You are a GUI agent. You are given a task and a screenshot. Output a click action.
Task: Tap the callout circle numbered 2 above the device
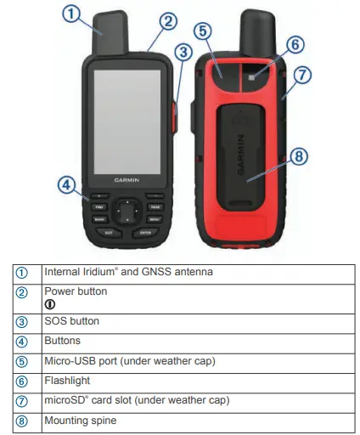[168, 20]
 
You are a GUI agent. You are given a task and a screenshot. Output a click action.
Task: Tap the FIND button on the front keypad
[99, 206]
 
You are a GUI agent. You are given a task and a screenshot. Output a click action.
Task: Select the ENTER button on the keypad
[145, 232]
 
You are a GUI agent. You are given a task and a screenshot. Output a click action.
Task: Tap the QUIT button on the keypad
[108, 232]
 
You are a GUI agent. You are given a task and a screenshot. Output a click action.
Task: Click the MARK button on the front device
[99, 218]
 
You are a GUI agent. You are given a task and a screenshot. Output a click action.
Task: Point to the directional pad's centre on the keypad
[127, 212]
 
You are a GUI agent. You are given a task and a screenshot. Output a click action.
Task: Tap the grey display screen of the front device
[127, 116]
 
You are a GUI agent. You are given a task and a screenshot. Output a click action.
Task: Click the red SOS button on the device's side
[179, 115]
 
